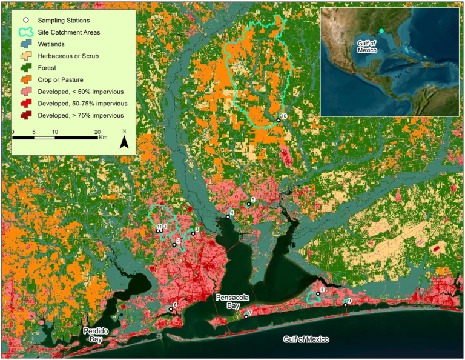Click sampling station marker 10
279,120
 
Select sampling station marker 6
171,309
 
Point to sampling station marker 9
346,305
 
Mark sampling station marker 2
174,245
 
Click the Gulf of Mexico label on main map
306,339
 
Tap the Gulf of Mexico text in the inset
366,46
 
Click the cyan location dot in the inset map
381,31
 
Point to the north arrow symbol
124,142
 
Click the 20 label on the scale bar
97,132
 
